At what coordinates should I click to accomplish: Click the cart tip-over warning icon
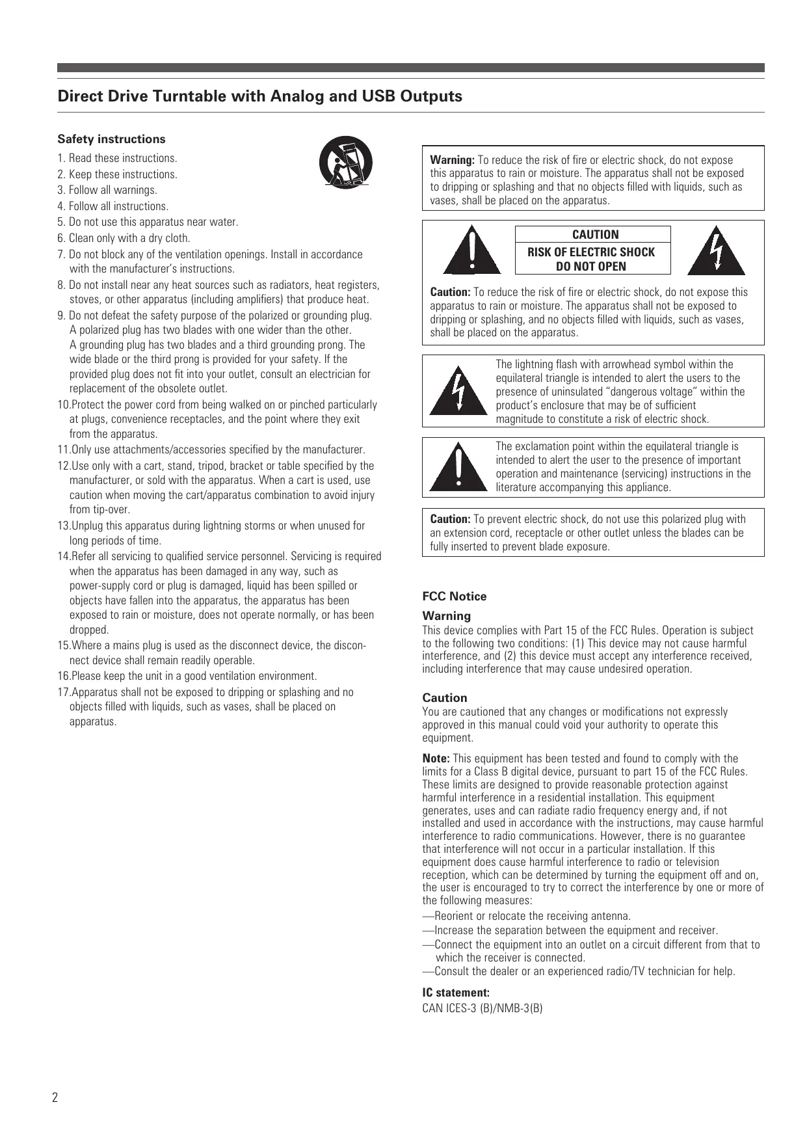coord(345,163)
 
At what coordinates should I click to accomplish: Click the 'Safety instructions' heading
coord(111,139)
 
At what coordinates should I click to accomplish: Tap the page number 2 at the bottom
coord(55,1098)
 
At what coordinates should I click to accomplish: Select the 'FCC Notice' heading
coord(454,597)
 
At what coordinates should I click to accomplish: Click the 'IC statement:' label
coord(456,993)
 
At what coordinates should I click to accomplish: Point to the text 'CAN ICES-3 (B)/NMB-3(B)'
coord(483,1008)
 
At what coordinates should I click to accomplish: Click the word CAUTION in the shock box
coord(595,235)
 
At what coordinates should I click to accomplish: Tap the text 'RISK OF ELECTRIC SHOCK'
coord(591,252)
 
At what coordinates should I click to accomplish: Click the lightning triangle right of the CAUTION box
coord(716,252)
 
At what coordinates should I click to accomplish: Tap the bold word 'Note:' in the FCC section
coord(436,758)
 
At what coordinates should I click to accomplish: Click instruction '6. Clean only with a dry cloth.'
coord(124,238)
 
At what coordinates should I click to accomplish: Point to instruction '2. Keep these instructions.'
coord(117,174)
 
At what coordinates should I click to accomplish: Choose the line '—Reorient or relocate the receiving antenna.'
coord(527,916)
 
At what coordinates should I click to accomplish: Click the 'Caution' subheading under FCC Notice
coord(444,698)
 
